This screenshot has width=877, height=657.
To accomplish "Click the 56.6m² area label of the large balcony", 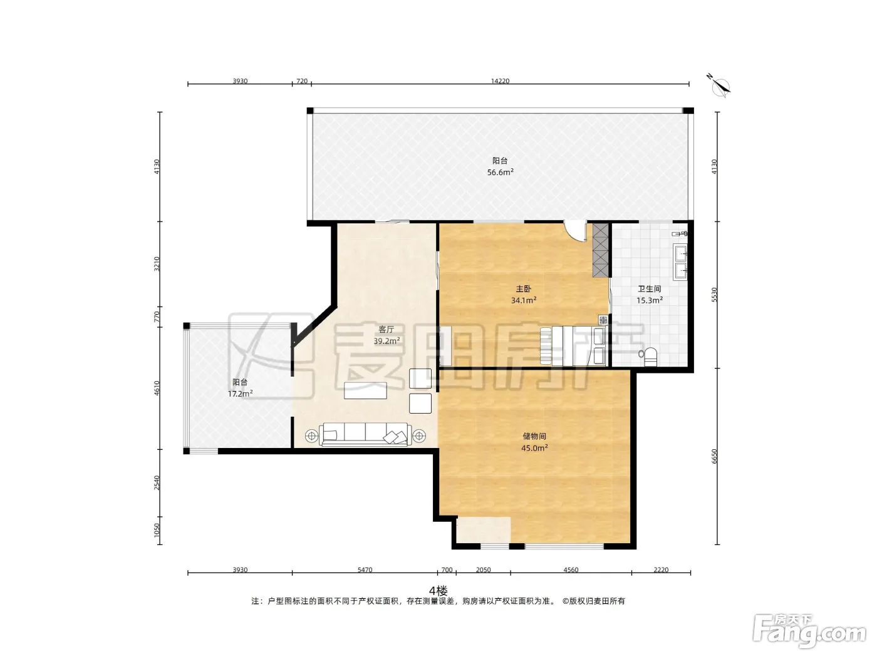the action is (x=500, y=172).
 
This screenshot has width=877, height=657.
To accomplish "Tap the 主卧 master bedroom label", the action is (x=524, y=289).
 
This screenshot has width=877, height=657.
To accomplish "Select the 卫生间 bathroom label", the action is (x=649, y=289).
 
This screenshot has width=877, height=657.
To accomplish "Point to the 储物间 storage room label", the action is (x=534, y=436).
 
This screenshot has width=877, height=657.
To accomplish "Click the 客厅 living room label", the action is (x=387, y=330).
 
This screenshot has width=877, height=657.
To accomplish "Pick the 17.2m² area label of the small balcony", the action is (x=240, y=394).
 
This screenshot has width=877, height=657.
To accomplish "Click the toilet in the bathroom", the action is (x=648, y=356).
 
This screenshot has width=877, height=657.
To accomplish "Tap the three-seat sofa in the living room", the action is (x=365, y=434).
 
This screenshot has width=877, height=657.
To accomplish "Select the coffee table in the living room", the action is (x=366, y=390).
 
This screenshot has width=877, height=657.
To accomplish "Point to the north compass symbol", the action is (x=719, y=86).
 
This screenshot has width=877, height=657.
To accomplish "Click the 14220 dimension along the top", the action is (x=501, y=81).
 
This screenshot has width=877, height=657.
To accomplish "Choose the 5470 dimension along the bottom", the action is (x=365, y=569).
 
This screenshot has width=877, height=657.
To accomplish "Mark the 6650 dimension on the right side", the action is (x=714, y=456).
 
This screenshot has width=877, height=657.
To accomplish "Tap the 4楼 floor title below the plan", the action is (x=438, y=591).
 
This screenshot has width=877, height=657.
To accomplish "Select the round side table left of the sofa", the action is (x=311, y=436).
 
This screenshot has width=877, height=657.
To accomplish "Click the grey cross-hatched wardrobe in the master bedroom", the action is (x=600, y=250).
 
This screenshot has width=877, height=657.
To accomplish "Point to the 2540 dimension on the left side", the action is (x=157, y=482).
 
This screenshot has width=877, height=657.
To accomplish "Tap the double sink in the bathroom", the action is (x=681, y=262).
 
